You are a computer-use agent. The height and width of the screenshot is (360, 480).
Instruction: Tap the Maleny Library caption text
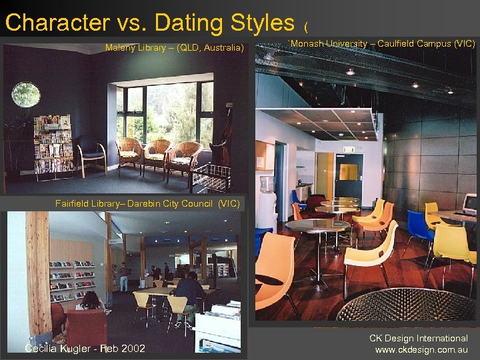tap(175, 47)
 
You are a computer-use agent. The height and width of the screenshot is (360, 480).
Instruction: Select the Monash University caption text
tap(383, 44)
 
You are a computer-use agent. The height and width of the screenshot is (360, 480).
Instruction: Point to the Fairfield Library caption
tap(147, 203)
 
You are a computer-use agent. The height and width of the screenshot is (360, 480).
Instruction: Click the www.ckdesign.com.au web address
tap(421, 349)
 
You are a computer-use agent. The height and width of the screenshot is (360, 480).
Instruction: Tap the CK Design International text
tap(419, 338)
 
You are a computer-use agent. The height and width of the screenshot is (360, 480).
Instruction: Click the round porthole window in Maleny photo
tap(25, 95)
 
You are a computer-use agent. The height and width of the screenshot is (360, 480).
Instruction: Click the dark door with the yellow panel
tap(348, 177)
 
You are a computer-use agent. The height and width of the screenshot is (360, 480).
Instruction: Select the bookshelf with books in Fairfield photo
tap(72, 281)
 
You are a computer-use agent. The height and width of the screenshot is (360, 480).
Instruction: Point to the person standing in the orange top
tap(123, 275)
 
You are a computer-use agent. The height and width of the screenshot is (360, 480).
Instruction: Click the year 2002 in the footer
tap(133, 348)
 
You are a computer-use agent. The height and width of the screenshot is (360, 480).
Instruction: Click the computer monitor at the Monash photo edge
tap(471, 204)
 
